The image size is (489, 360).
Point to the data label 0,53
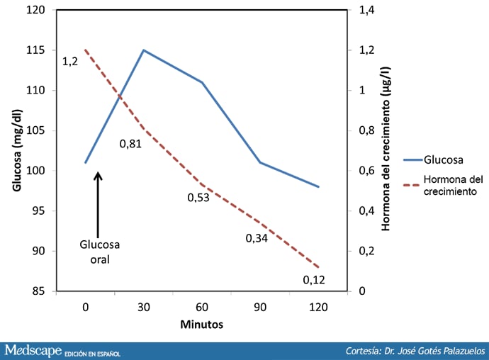[x=198, y=197]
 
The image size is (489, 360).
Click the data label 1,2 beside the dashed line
[x=69, y=62]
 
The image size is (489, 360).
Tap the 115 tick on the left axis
[x=35, y=50]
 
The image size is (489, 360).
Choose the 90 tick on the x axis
[x=260, y=307]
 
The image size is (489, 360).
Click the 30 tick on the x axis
[x=144, y=307]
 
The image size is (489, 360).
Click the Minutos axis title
[x=201, y=325]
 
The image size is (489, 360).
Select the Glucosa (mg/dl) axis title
[x=16, y=150]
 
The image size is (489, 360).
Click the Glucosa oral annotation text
[x=99, y=252]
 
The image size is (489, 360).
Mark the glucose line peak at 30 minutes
[x=144, y=50]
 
